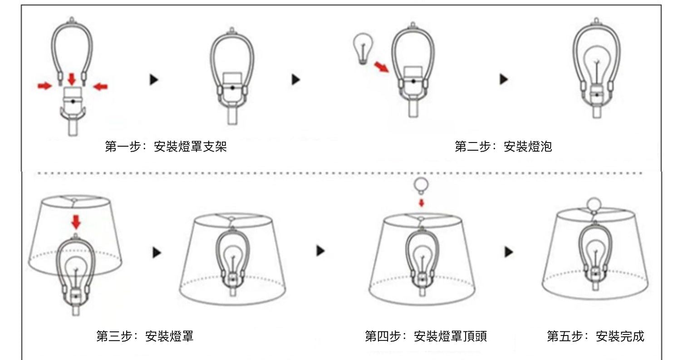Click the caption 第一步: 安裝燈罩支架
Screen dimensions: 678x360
click(166, 147)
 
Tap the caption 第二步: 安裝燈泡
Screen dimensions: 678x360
click(503, 147)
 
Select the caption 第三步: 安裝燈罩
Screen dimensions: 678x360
click(145, 336)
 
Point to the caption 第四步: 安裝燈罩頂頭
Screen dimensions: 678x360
click(426, 336)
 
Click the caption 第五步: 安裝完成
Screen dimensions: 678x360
click(595, 336)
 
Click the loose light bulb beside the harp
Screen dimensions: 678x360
click(363, 49)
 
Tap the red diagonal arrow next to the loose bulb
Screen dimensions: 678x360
click(381, 67)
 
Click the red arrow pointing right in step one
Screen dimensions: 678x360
click(44, 86)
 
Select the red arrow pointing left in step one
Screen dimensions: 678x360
click(100, 87)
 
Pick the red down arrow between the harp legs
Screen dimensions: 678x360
click(72, 79)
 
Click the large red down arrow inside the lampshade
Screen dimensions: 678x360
click(76, 222)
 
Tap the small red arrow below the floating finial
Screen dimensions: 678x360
click(421, 203)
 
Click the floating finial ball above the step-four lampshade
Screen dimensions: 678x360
click(421, 186)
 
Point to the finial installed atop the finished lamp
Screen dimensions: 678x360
click(594, 205)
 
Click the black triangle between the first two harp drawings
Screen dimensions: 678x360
click(154, 79)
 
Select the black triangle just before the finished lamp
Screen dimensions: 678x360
click(509, 252)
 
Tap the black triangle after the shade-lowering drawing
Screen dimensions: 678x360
click(157, 252)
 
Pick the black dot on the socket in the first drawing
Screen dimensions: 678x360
click(73, 101)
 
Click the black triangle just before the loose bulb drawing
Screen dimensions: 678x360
click(296, 79)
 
